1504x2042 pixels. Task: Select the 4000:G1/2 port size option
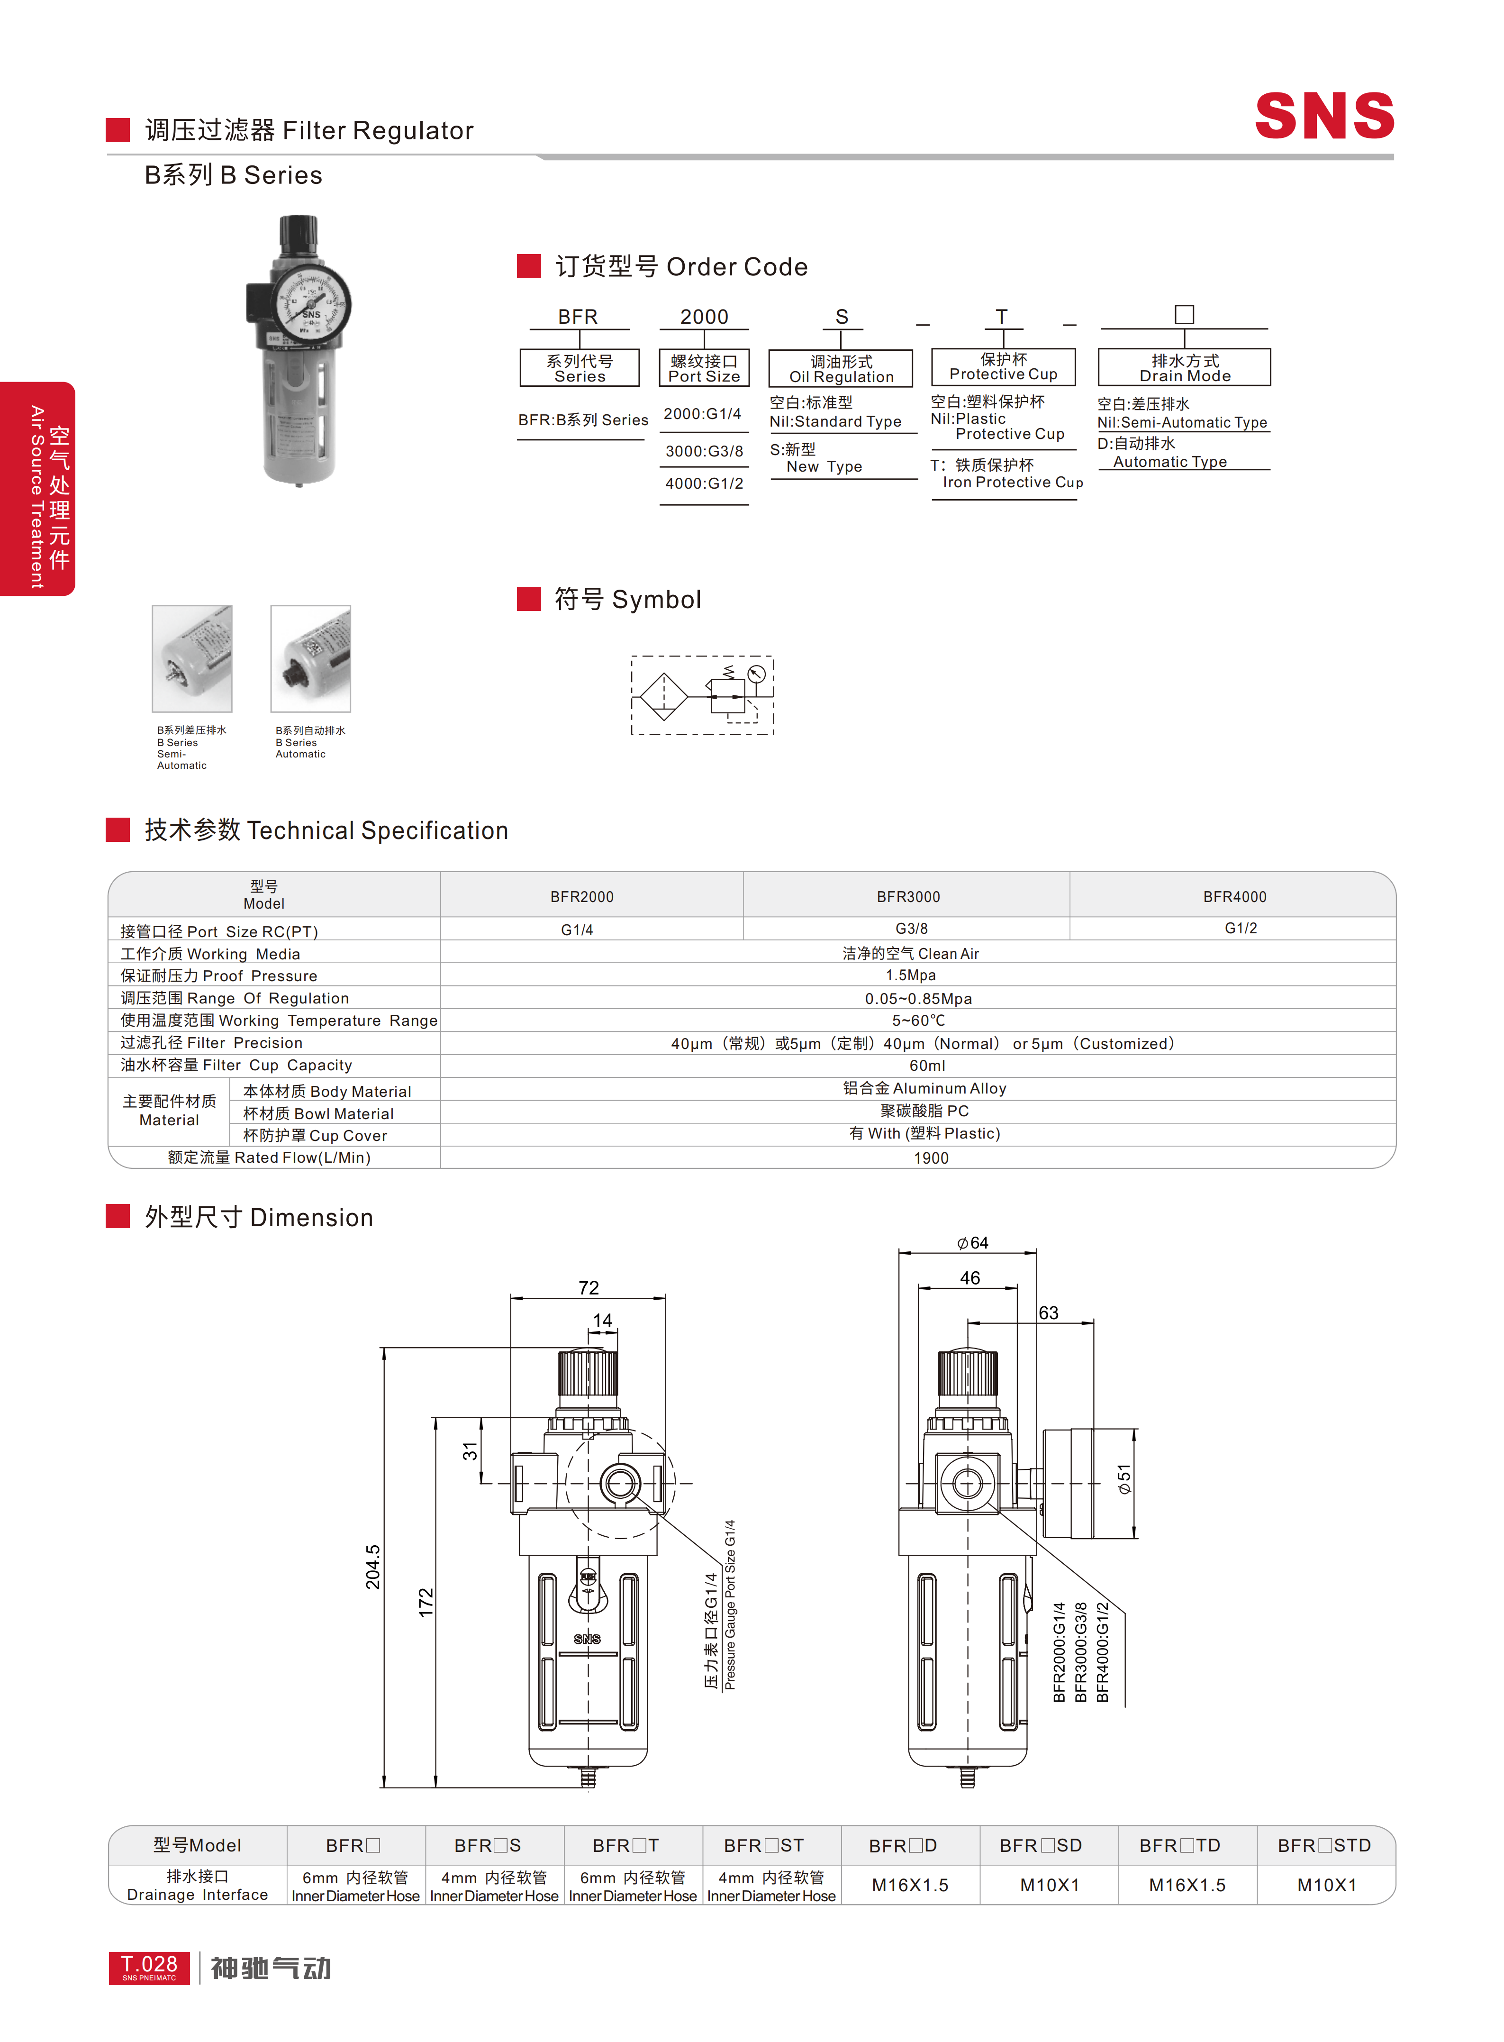click(704, 483)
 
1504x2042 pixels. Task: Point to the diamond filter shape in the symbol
click(664, 696)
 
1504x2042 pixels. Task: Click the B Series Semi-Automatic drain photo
click(192, 658)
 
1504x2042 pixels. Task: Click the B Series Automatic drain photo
click(310, 658)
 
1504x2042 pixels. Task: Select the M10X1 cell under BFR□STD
click(1326, 1886)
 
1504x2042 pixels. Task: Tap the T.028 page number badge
click(149, 1967)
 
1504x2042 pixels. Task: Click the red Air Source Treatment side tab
click(37, 489)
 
